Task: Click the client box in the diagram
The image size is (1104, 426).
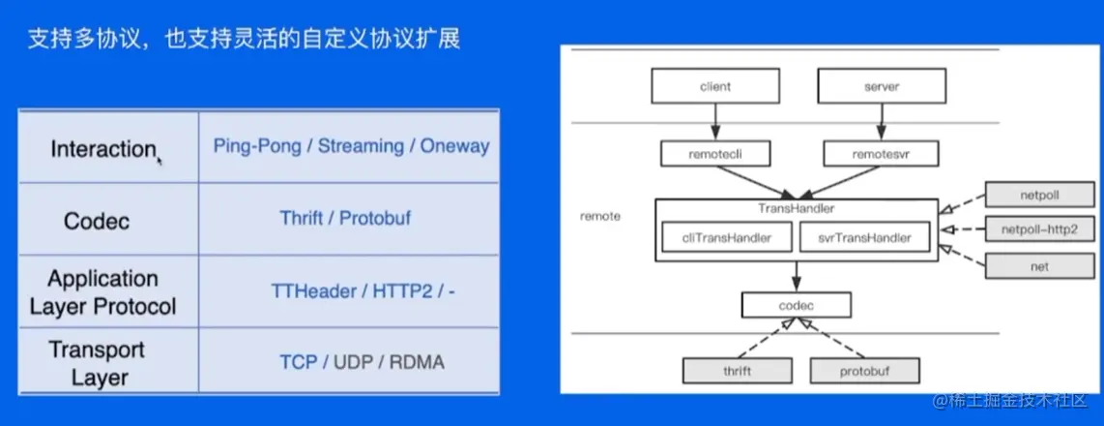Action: coord(715,87)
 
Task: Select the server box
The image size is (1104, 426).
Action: coord(882,87)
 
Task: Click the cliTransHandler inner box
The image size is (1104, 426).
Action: coord(727,237)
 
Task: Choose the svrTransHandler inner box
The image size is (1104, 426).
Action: coord(864,237)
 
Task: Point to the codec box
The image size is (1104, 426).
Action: coord(797,305)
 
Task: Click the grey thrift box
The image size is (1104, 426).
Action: coord(738,371)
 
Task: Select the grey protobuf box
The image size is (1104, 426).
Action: coord(865,371)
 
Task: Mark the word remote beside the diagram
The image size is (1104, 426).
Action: coord(600,216)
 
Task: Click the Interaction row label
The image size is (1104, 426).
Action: coord(102,149)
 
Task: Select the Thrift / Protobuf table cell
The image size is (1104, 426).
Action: coord(345,218)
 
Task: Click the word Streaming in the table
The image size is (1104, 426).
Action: coord(361,147)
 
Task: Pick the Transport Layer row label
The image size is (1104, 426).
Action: coord(97,363)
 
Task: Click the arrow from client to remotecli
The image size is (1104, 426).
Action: coord(715,122)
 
